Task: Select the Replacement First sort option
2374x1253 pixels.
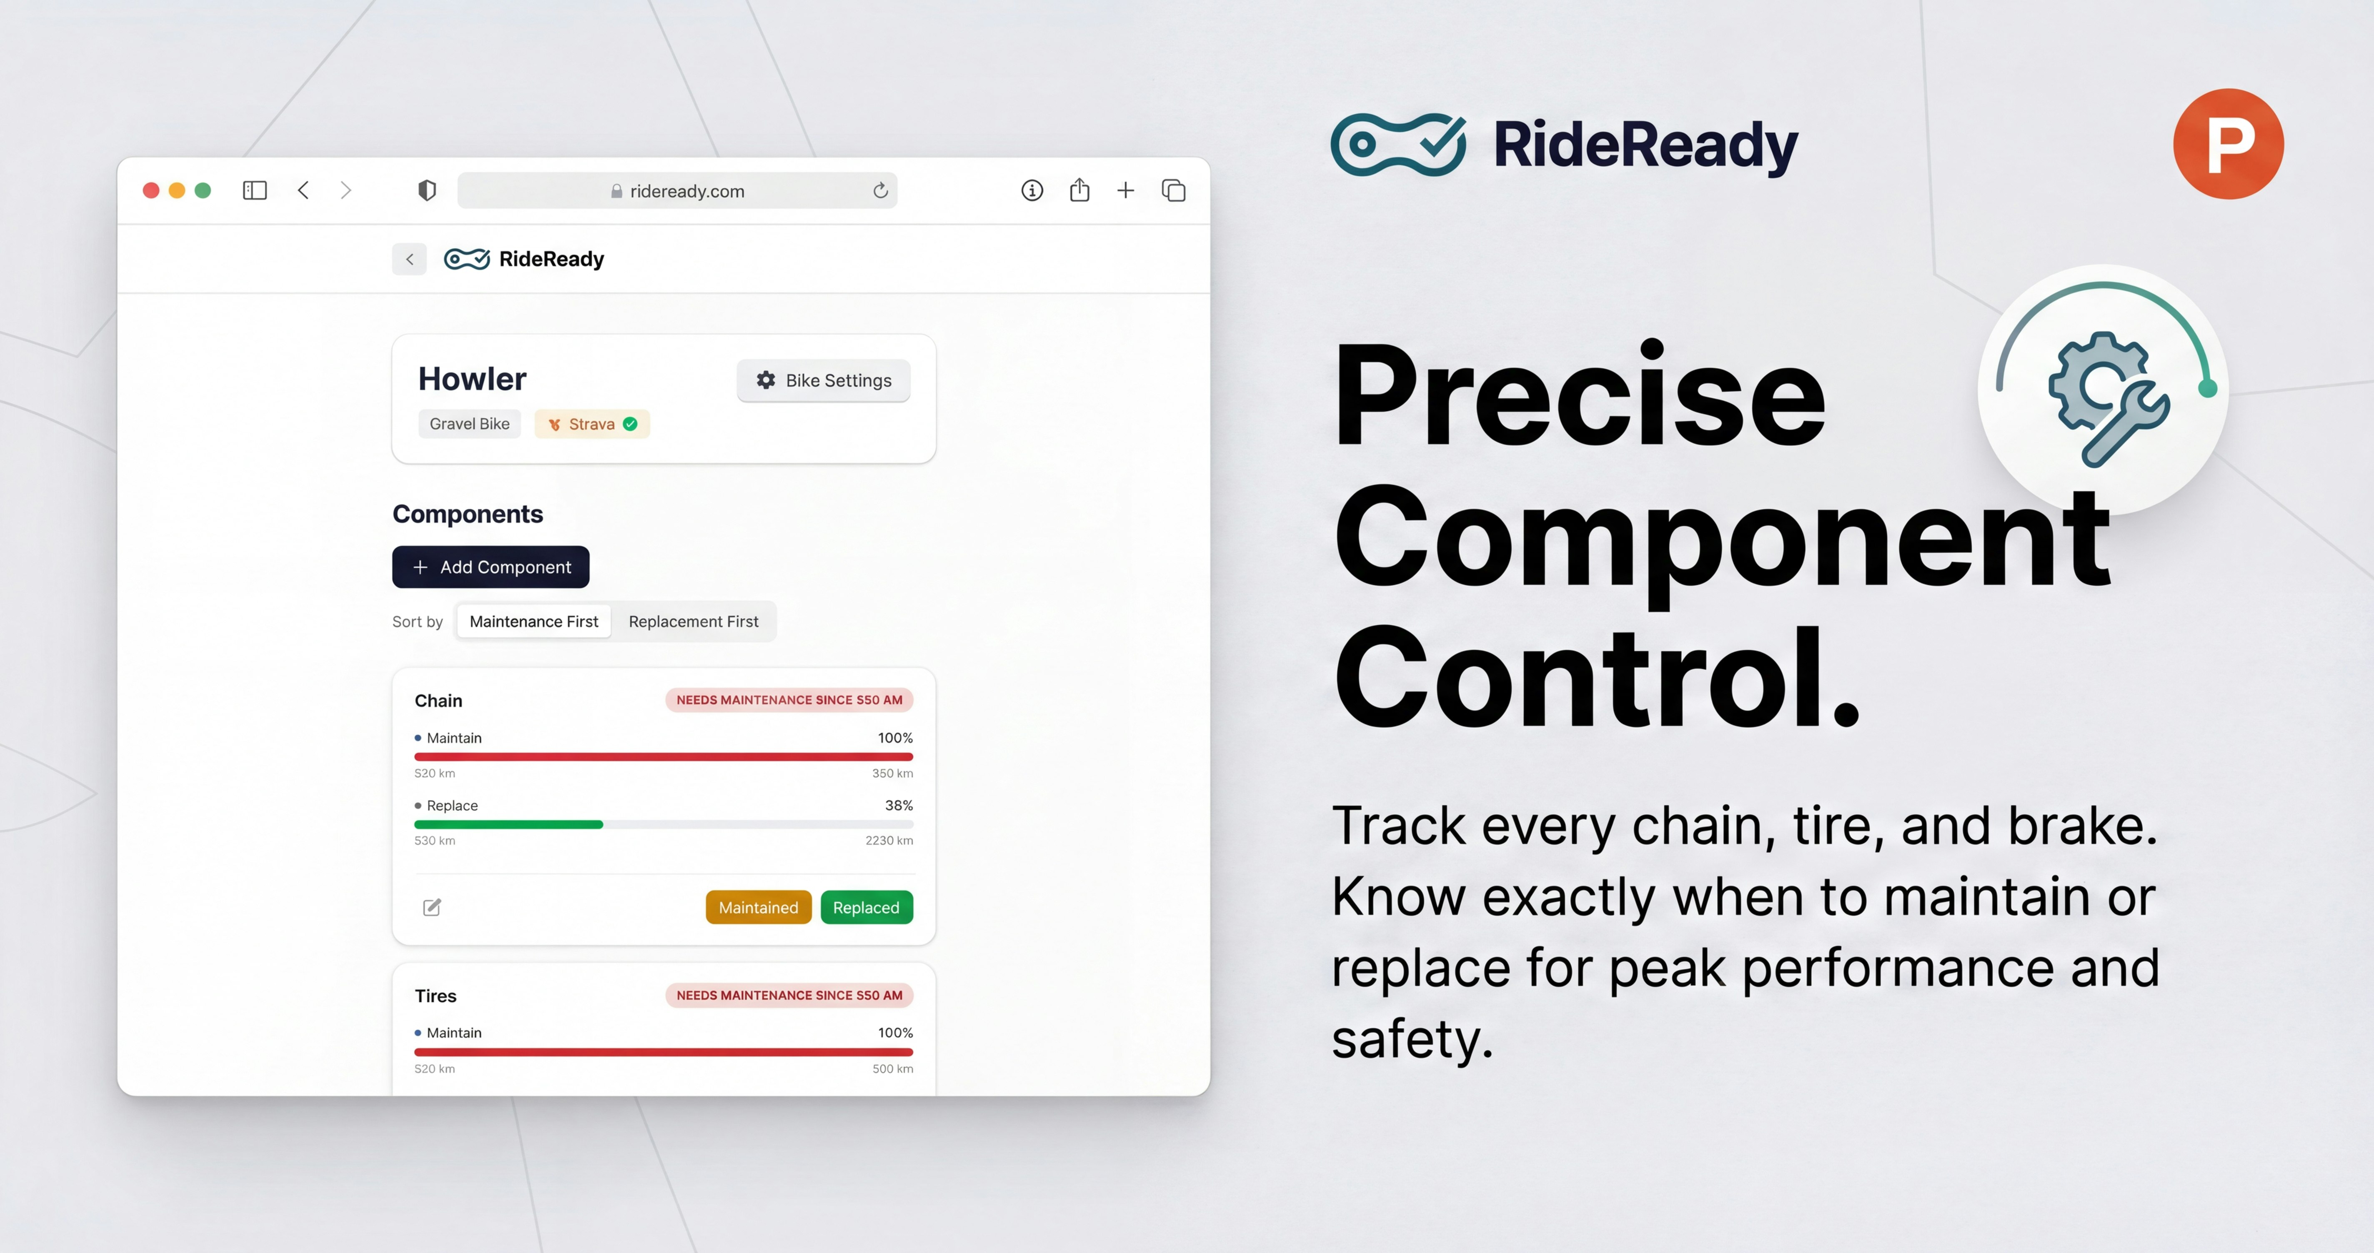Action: point(693,622)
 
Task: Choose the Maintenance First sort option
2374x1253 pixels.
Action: point(533,622)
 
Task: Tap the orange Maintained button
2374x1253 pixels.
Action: point(758,908)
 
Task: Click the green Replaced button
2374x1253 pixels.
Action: point(865,908)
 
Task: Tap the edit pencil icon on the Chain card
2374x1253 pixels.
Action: point(431,908)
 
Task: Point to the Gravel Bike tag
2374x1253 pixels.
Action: point(469,424)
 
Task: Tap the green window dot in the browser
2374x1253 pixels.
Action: point(203,191)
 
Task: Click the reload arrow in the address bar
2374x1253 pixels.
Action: point(880,191)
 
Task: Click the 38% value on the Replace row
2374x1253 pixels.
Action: point(899,805)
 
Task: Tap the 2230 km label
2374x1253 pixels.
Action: point(889,840)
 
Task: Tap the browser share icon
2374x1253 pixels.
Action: point(1079,191)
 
